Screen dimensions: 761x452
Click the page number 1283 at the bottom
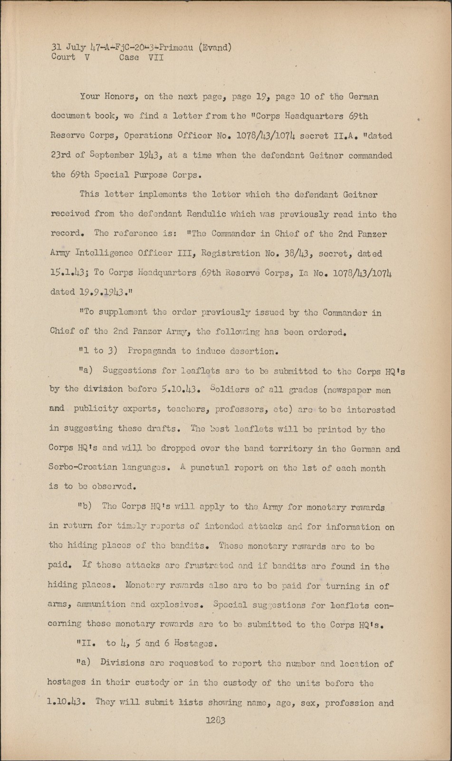coord(215,721)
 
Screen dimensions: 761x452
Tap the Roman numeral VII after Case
coord(156,58)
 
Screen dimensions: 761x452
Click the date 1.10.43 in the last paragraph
coord(66,702)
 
